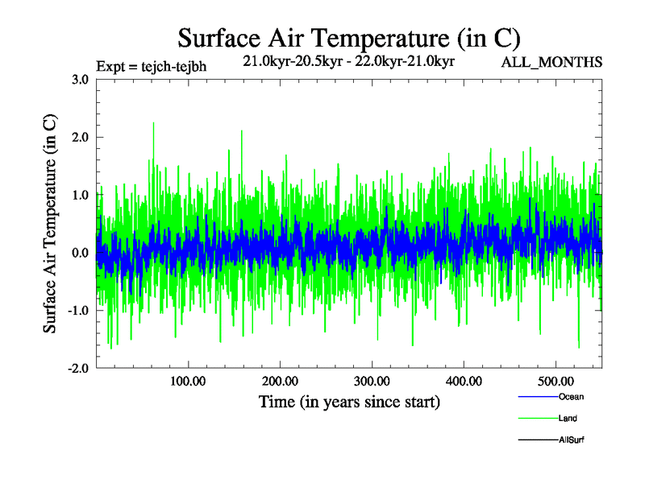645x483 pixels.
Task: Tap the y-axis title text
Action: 50,224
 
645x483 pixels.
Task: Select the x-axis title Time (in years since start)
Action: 349,402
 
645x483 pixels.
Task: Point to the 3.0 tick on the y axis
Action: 79,79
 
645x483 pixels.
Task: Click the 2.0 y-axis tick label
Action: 79,137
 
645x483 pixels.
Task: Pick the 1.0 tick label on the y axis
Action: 79,195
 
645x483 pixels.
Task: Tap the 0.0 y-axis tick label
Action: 79,253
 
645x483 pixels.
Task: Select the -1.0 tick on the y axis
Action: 77,311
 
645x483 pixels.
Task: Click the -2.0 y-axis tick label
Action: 77,369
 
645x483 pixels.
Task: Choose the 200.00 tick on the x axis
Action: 280,380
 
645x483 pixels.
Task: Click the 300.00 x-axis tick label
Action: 372,380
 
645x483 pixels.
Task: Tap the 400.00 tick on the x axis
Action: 464,380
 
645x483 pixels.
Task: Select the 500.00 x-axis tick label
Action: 556,380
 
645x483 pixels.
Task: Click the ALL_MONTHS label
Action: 551,62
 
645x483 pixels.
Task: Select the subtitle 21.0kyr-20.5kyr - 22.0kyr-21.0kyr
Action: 348,60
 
